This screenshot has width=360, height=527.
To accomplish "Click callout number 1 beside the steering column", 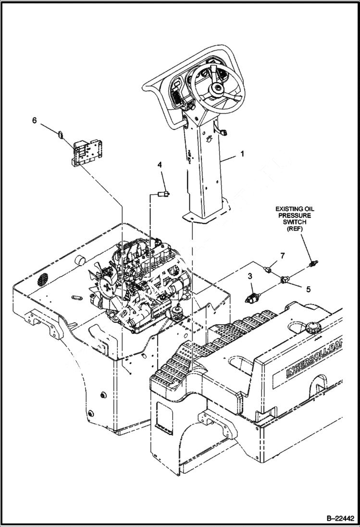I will point(242,154).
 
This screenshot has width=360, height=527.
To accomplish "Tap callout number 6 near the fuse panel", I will point(34,121).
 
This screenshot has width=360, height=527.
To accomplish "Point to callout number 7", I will point(282,256).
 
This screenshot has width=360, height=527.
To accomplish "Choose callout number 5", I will point(308,289).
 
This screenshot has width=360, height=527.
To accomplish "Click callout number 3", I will point(250,276).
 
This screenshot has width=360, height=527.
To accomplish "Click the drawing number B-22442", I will point(340,518).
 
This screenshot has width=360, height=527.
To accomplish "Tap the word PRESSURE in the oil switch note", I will point(293,216).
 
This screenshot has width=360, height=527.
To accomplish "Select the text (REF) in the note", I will point(293,229).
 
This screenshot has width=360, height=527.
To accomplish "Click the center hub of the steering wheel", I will point(218,88).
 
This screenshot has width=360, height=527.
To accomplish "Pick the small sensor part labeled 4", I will point(163,194).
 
